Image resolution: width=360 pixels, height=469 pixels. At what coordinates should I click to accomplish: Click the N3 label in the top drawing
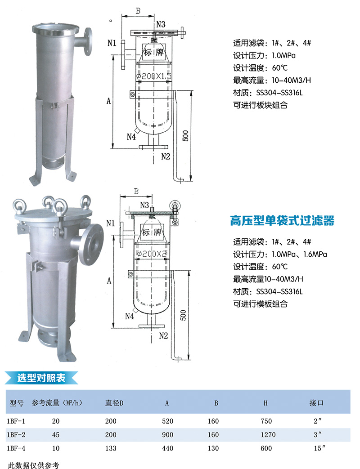pos(161,24)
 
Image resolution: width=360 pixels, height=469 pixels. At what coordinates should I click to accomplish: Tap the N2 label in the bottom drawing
pos(163,336)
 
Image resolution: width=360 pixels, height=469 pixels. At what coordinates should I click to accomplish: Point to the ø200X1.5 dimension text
pos(154,76)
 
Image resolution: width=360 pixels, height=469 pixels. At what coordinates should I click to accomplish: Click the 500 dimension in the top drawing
pos(185,135)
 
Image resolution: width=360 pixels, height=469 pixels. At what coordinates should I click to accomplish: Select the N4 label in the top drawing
pos(131,137)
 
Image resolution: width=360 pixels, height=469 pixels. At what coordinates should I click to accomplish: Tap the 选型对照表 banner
pos(41,378)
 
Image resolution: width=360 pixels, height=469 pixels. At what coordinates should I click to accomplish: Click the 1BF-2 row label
pos(16,435)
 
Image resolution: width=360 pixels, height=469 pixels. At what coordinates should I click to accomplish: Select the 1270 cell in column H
pos(268,435)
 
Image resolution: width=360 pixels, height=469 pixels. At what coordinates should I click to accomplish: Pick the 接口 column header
pos(317,403)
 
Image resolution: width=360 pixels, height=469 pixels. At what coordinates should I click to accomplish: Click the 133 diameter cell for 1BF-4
pos(111,448)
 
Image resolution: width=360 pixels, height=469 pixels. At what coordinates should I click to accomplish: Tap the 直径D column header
pos(114,403)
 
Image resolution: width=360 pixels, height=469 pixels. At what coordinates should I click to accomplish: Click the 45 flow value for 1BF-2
pos(56,435)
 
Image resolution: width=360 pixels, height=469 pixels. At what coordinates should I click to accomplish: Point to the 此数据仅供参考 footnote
pos(33,465)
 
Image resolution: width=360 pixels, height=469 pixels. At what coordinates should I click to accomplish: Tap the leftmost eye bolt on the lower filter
pos(20,205)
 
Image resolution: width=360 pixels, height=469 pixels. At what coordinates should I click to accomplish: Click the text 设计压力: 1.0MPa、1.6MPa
pos(280,254)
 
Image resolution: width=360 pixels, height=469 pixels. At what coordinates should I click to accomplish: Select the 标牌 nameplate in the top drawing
pos(154,52)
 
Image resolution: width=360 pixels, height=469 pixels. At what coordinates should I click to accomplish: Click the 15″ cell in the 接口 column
pos(318,448)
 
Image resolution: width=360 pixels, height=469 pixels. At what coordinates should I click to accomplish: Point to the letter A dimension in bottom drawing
pos(109,281)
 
